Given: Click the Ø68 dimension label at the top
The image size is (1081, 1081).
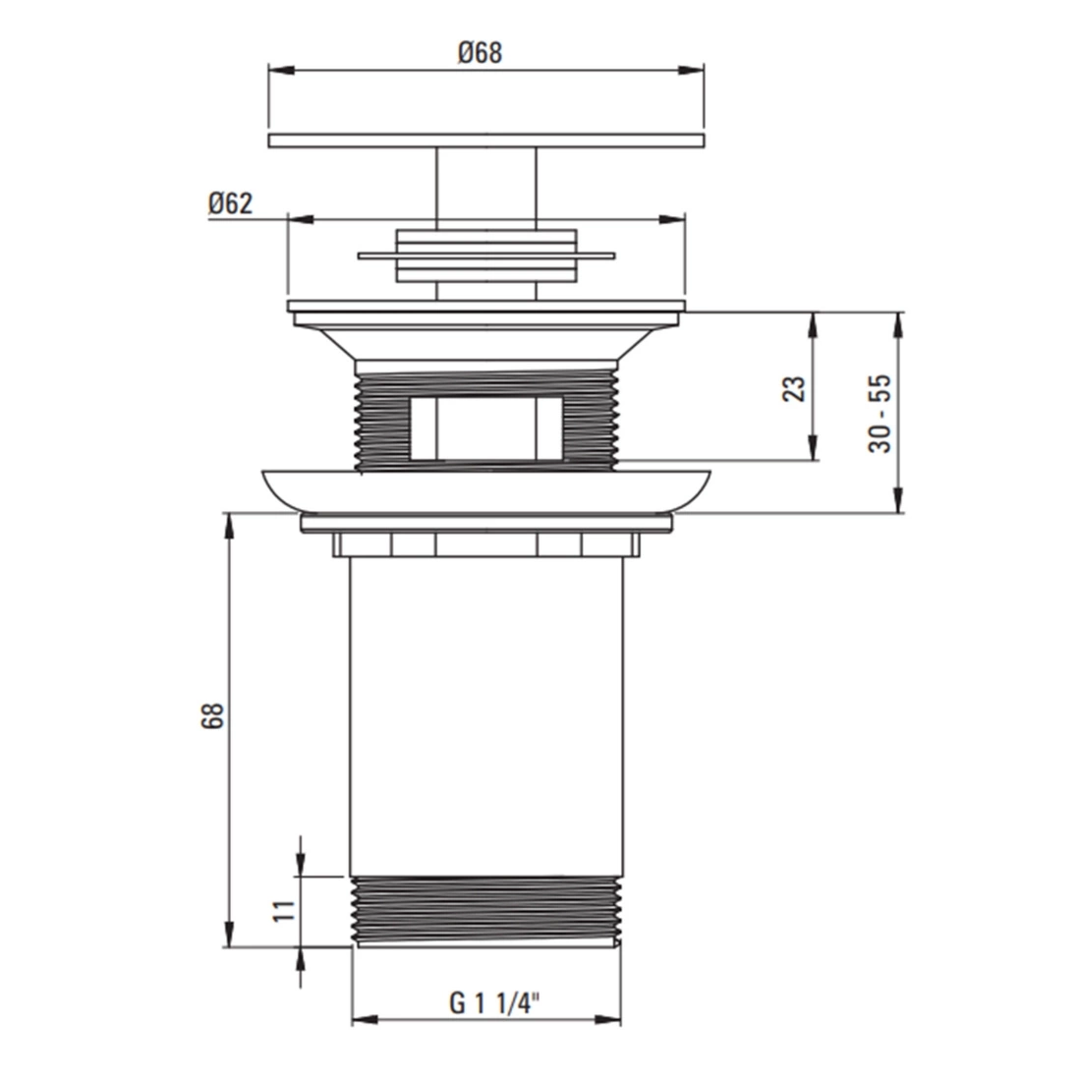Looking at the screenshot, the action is [x=480, y=53].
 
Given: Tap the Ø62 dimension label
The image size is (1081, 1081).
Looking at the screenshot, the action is [x=230, y=203].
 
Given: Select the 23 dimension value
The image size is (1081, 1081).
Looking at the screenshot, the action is [x=795, y=389].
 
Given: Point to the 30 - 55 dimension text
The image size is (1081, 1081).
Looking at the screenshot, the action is [x=880, y=414].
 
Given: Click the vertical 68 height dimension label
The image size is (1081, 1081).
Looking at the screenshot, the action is [x=213, y=716].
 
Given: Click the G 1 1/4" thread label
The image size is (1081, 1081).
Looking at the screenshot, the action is [x=493, y=1003].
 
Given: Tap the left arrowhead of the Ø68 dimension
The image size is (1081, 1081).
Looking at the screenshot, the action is [x=281, y=71].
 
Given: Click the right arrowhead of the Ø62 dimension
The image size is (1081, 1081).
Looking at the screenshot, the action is [x=672, y=220].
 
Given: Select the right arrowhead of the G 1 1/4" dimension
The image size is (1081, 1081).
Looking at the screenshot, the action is [x=606, y=1019].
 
